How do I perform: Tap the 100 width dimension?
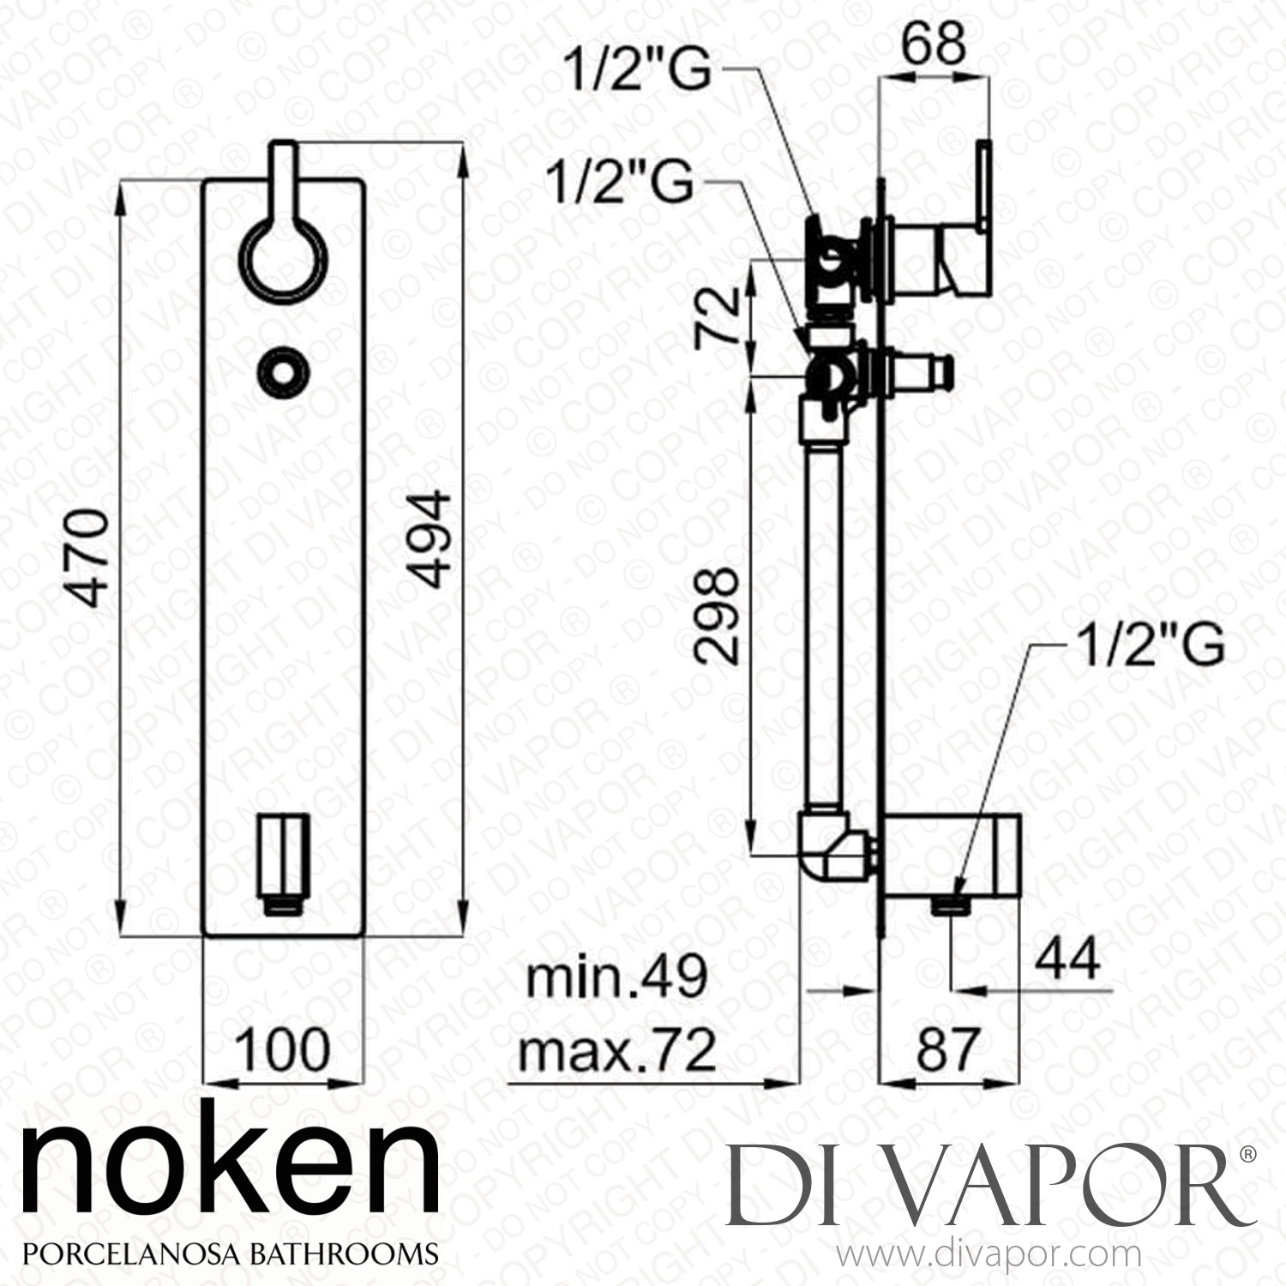(x=282, y=1049)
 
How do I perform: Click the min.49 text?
(x=616, y=977)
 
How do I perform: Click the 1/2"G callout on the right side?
(x=1149, y=648)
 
